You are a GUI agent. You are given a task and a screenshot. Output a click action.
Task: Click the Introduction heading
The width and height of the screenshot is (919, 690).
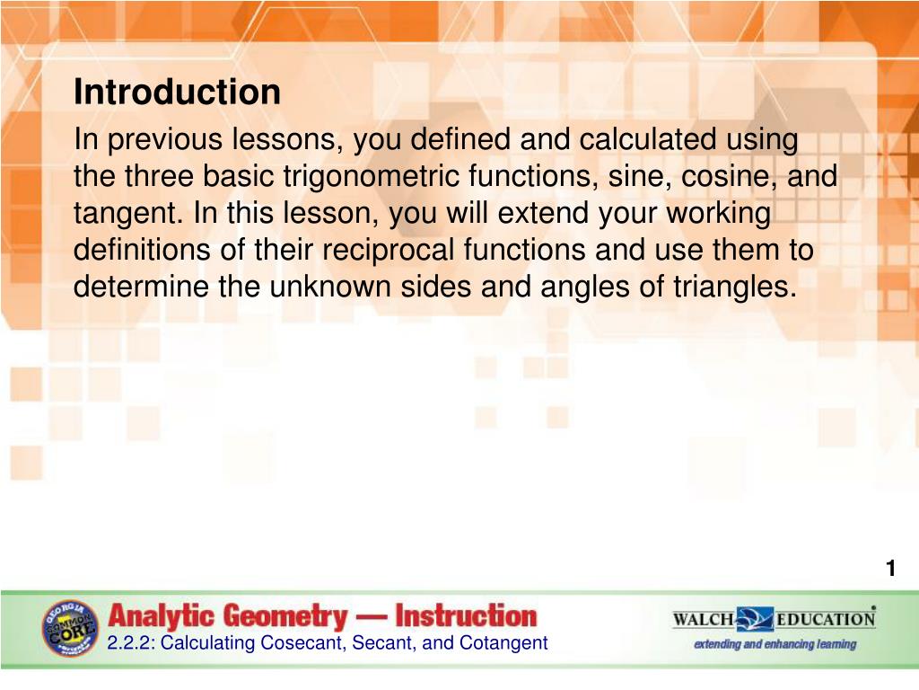(x=177, y=93)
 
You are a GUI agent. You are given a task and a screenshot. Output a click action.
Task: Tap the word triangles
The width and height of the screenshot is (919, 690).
(x=735, y=287)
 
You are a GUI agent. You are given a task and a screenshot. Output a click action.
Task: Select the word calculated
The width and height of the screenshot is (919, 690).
(x=648, y=139)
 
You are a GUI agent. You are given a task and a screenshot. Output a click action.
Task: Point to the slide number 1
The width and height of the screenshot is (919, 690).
(x=891, y=568)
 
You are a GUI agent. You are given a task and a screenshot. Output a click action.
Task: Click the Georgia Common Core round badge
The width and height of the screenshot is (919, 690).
(x=70, y=628)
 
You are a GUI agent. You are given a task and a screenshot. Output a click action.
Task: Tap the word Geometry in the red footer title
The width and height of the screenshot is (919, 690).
(x=285, y=616)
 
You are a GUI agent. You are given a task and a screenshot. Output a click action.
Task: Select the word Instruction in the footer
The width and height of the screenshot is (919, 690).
(x=466, y=616)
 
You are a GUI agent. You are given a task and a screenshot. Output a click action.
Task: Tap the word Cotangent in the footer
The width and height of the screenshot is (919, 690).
(x=503, y=643)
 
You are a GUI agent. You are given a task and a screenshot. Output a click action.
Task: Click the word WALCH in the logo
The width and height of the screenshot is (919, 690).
(x=704, y=619)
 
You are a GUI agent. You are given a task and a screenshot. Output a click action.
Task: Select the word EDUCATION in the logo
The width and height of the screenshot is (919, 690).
(x=826, y=619)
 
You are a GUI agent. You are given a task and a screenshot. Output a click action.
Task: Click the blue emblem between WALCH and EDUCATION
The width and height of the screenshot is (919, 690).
(x=755, y=619)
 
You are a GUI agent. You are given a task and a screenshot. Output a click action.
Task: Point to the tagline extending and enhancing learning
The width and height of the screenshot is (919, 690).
(x=775, y=644)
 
